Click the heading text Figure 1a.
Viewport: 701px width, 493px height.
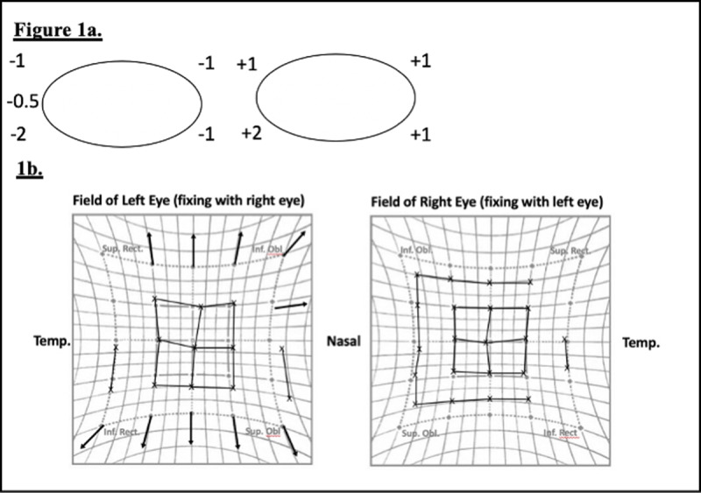58,32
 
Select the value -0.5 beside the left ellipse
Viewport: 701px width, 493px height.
20,102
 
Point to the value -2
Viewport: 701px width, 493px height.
18,135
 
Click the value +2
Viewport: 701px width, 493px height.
251,133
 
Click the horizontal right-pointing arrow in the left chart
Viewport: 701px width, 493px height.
291,306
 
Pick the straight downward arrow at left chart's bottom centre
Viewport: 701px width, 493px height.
192,428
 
